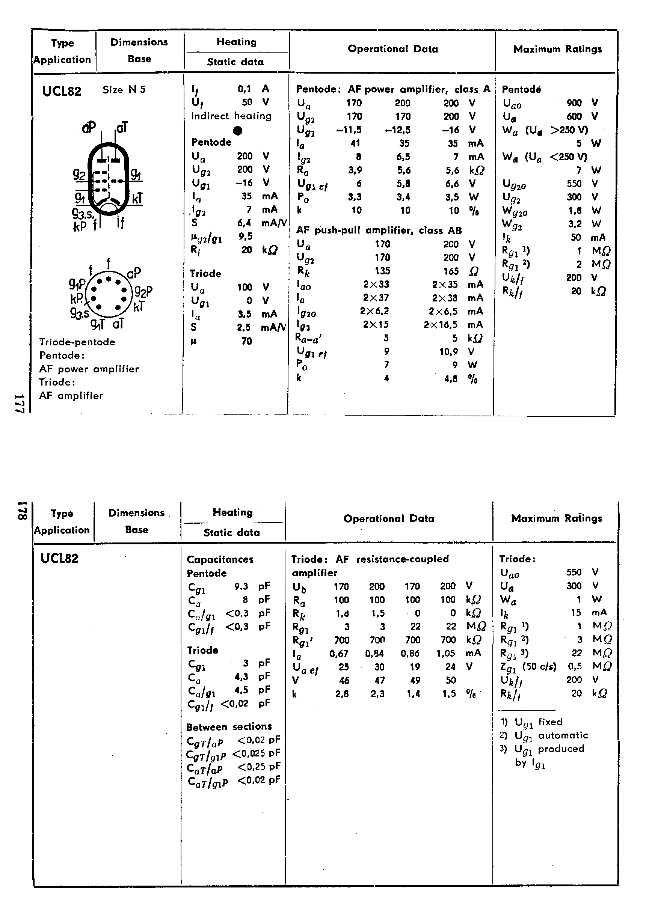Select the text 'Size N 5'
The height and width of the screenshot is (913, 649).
click(x=124, y=89)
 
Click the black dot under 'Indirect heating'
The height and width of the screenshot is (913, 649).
click(x=237, y=131)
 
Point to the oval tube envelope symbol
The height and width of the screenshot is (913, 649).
click(x=108, y=179)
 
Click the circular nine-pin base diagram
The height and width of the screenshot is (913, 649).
click(x=108, y=294)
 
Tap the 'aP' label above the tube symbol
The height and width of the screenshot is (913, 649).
click(x=89, y=127)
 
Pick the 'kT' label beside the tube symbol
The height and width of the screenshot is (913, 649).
click(x=137, y=199)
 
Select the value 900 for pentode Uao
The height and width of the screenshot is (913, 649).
click(x=574, y=102)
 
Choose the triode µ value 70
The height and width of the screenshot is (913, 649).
click(x=247, y=340)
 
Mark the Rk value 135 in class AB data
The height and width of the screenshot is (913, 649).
click(x=382, y=271)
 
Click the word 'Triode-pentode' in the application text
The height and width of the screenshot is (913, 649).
click(x=77, y=342)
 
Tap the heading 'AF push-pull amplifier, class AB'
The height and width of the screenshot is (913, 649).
click(x=379, y=231)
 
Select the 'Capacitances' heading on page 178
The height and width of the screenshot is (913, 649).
click(x=220, y=559)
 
